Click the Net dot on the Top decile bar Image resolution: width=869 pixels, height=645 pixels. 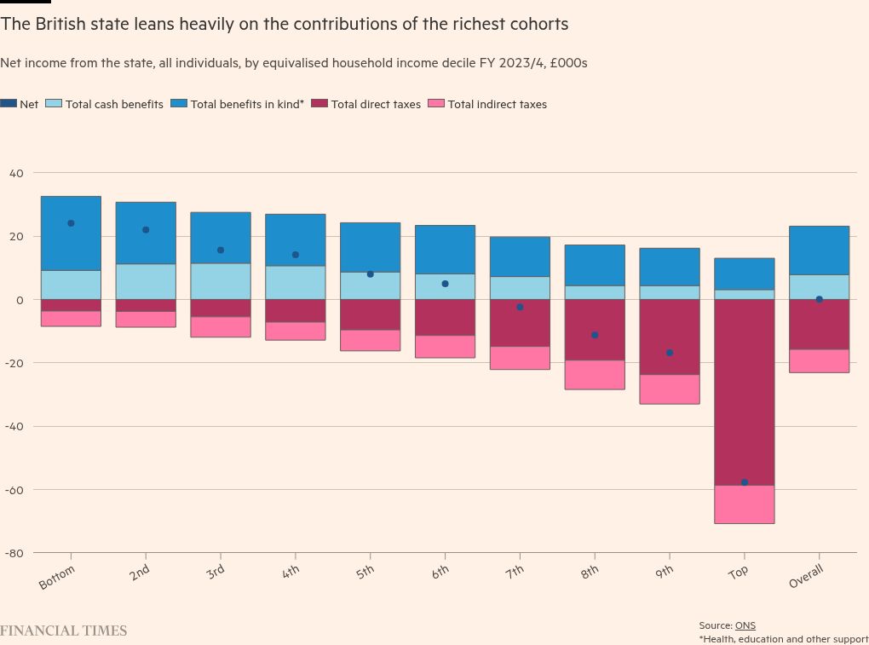(745, 482)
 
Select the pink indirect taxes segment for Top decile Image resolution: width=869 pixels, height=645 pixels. (745, 504)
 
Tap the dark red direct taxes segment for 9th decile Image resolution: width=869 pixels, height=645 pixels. (670, 337)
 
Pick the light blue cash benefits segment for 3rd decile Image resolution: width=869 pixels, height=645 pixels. (220, 281)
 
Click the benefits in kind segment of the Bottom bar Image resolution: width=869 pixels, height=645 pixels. (71, 233)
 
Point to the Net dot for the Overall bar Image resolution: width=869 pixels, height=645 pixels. (819, 299)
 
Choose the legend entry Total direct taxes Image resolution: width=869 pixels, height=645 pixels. (375, 104)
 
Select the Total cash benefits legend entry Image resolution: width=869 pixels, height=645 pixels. (114, 104)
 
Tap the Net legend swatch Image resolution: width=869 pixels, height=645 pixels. (9, 104)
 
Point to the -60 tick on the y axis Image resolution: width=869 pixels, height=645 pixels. (16, 490)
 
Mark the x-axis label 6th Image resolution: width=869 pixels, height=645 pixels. (440, 572)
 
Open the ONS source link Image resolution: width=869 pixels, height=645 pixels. (745, 625)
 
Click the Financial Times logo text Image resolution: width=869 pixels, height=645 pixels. (63, 631)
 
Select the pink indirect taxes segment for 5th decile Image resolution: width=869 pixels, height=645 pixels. (370, 340)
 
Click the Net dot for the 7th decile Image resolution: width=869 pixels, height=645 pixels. (520, 307)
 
